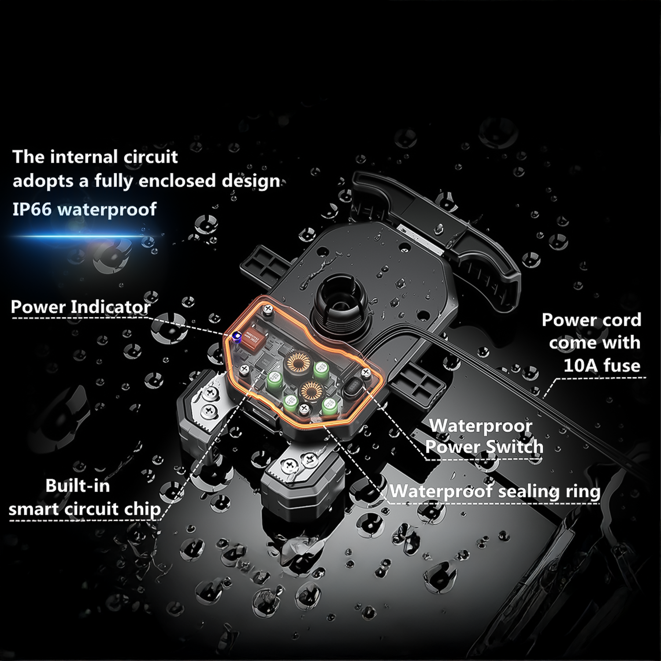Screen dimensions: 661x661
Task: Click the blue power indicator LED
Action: pyautogui.click(x=237, y=338)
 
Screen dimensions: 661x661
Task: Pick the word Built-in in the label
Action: pyautogui.click(x=78, y=486)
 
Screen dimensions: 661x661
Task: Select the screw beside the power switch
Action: pyautogui.click(x=365, y=373)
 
